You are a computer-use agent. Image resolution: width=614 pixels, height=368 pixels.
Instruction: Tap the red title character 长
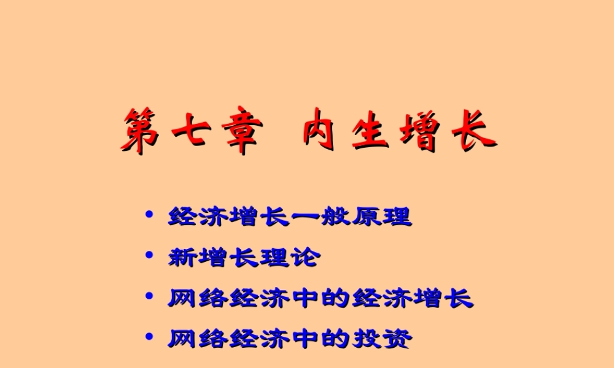(473, 129)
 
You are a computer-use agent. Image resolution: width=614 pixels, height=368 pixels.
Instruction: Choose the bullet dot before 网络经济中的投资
(148, 337)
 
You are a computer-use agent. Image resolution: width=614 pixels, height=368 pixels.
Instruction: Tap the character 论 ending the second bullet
(305, 257)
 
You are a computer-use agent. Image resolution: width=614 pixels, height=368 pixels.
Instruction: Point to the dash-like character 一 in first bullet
(305, 217)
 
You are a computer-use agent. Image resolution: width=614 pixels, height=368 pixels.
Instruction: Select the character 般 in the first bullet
(335, 217)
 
